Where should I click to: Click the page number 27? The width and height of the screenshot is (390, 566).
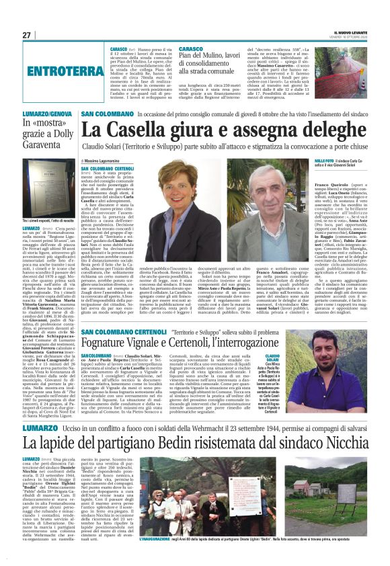(26, 35)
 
